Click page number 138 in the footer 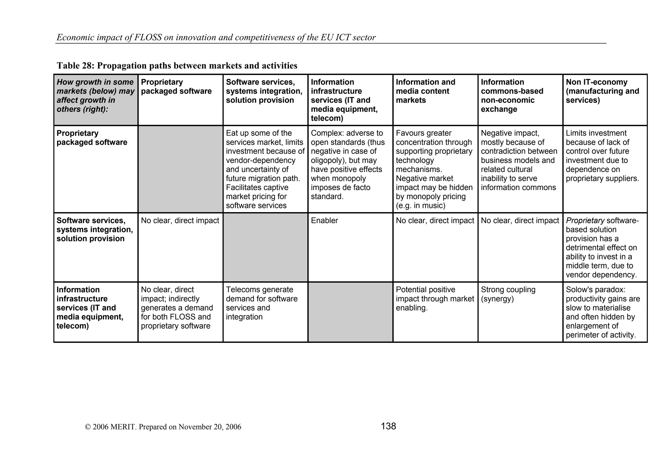click(388, 426)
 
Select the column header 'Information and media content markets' click(425, 91)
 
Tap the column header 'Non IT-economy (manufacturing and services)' click(602, 91)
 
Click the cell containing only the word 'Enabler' click(324, 221)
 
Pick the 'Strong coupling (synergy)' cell click(508, 294)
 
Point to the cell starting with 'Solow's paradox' click(602, 312)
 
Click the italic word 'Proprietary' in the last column click(585, 221)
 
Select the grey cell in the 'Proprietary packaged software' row click(180, 169)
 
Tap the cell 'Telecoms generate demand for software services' click(262, 303)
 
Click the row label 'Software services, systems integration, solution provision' click(94, 230)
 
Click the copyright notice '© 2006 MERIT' click(163, 427)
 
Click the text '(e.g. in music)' click(421, 206)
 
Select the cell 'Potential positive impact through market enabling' click(434, 299)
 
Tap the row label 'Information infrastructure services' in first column click(90, 308)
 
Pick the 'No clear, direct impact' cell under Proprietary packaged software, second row click(180, 221)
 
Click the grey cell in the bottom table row click(350, 312)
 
